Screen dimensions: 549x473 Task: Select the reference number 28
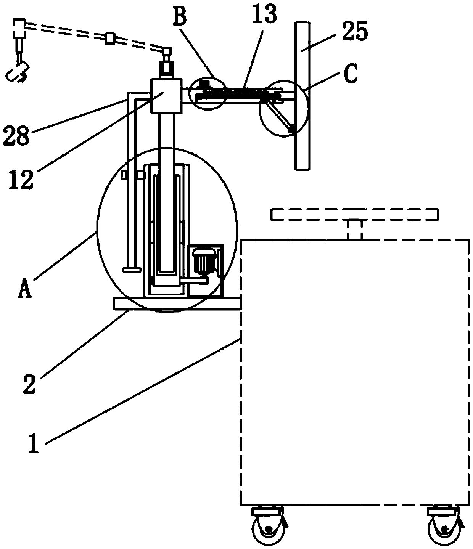pyautogui.click(x=16, y=135)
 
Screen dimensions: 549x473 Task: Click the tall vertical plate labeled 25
pyautogui.click(x=302, y=95)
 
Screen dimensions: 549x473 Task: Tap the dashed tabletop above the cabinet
pyautogui.click(x=354, y=214)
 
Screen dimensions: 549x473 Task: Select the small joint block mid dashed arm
pyautogui.click(x=111, y=38)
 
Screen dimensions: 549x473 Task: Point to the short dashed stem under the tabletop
pyautogui.click(x=354, y=230)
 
